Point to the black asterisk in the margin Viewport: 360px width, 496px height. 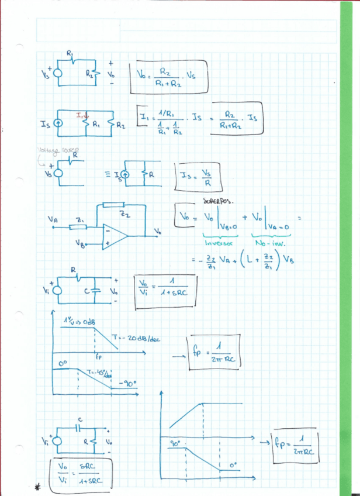pyautogui.click(x=39, y=486)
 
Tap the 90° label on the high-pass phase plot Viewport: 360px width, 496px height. pyautogui.click(x=175, y=445)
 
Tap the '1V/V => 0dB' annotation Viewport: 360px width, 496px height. pyautogui.click(x=79, y=322)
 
